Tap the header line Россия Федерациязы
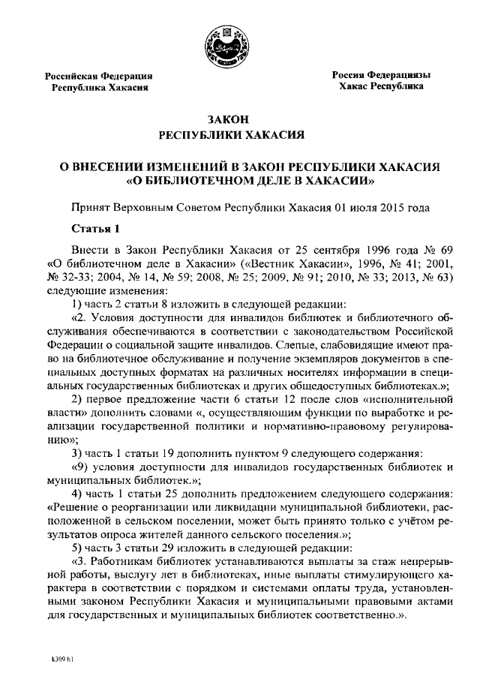pyautogui.click(x=382, y=74)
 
